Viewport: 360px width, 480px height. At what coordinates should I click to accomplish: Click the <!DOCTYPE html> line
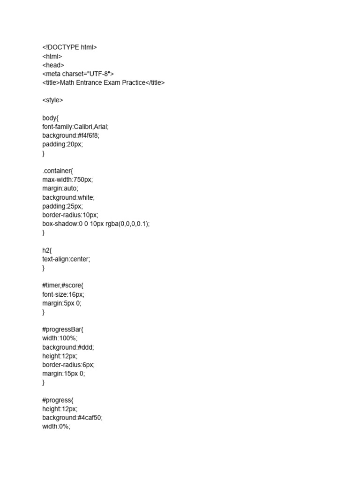(69, 47)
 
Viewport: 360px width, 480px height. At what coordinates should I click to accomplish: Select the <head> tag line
(53, 65)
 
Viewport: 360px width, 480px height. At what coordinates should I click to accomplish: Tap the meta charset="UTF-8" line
(78, 74)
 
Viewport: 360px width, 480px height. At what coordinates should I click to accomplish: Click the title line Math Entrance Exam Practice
(103, 82)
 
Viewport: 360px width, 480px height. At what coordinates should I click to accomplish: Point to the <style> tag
(52, 100)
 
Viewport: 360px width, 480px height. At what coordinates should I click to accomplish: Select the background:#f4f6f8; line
(71, 135)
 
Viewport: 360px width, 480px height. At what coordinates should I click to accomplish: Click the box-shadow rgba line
(96, 224)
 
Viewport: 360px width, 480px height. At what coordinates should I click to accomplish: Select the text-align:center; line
(66, 259)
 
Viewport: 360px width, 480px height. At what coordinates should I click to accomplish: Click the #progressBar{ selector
(62, 330)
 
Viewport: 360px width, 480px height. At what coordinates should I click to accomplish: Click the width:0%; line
(56, 427)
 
